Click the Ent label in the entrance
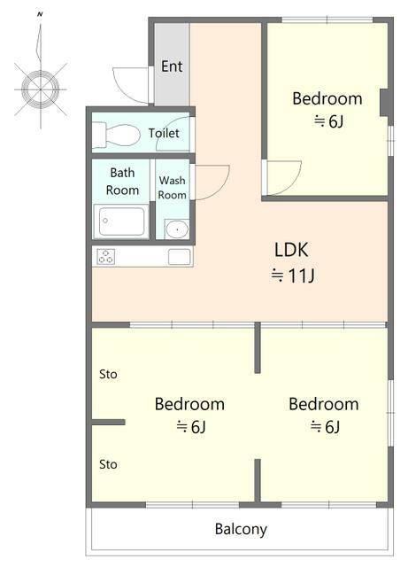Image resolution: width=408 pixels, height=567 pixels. [x=172, y=66]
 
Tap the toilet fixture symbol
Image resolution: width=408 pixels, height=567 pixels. [x=116, y=136]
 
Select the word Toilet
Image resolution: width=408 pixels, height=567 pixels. [x=164, y=133]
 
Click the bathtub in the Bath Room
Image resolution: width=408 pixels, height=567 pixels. [x=120, y=221]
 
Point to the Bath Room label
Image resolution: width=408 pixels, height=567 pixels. [x=122, y=181]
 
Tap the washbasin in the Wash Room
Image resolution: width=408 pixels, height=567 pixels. [x=177, y=229]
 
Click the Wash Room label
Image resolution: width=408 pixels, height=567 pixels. [x=172, y=187]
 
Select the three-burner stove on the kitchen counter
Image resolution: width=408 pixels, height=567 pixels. [x=106, y=256]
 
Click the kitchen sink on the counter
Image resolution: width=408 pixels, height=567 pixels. [x=180, y=257]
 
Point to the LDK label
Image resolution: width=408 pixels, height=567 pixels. [x=291, y=250]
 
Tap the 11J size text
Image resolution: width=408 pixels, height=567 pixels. [x=293, y=276]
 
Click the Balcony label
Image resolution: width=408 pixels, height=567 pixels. [x=241, y=529]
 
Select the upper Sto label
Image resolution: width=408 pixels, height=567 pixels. [x=108, y=374]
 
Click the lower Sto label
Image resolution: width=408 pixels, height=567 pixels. [x=108, y=464]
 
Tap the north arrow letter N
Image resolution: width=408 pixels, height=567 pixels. [x=40, y=14]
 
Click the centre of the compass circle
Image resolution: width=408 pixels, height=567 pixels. [x=40, y=89]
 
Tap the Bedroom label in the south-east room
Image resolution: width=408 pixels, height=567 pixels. [x=324, y=404]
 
